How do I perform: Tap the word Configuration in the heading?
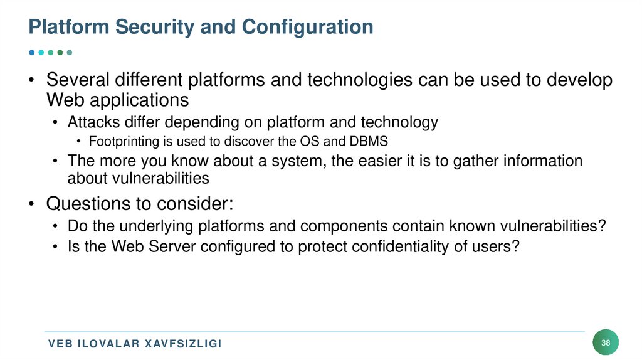pyautogui.click(x=307, y=27)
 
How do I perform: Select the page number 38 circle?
pyautogui.click(x=606, y=342)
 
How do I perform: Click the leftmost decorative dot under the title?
pyautogui.click(x=32, y=52)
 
